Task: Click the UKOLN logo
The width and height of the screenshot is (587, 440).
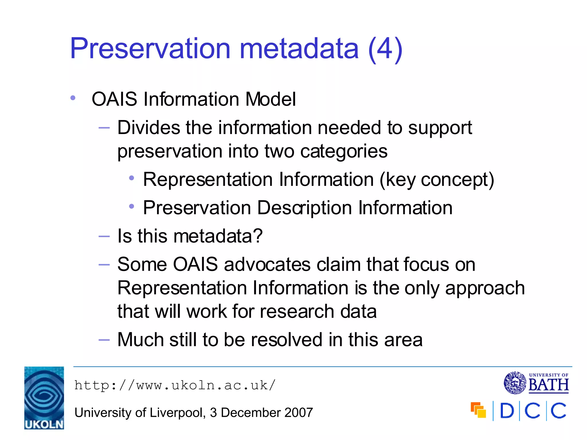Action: click(44, 398)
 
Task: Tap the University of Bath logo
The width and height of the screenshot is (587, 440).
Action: click(536, 383)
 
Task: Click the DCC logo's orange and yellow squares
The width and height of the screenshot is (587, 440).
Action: click(478, 410)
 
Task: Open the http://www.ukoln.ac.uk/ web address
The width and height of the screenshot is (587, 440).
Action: click(175, 385)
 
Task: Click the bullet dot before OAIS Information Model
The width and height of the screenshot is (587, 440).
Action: click(73, 98)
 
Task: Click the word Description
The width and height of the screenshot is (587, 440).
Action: click(304, 208)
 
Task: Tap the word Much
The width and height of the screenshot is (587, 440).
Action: click(140, 340)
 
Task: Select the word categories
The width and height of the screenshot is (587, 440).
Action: click(344, 151)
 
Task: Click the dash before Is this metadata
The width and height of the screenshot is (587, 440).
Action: click(104, 236)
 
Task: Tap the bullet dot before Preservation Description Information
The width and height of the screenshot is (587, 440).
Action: click(132, 206)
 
